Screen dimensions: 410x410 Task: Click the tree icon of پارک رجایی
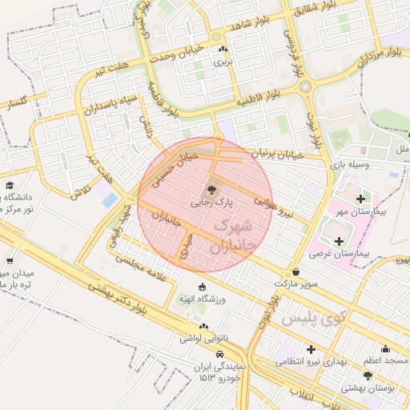[211, 190]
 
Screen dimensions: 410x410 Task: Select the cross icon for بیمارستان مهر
[360, 199]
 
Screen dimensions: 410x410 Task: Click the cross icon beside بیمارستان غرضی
[340, 240]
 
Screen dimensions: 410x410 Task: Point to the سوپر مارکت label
[296, 284]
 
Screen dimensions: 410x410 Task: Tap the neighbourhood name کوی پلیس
[313, 320]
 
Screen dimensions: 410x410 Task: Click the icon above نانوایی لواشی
[204, 327]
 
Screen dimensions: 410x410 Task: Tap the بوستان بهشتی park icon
[368, 376]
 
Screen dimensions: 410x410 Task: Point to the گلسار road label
[16, 102]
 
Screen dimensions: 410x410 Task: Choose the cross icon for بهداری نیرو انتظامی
[310, 349]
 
